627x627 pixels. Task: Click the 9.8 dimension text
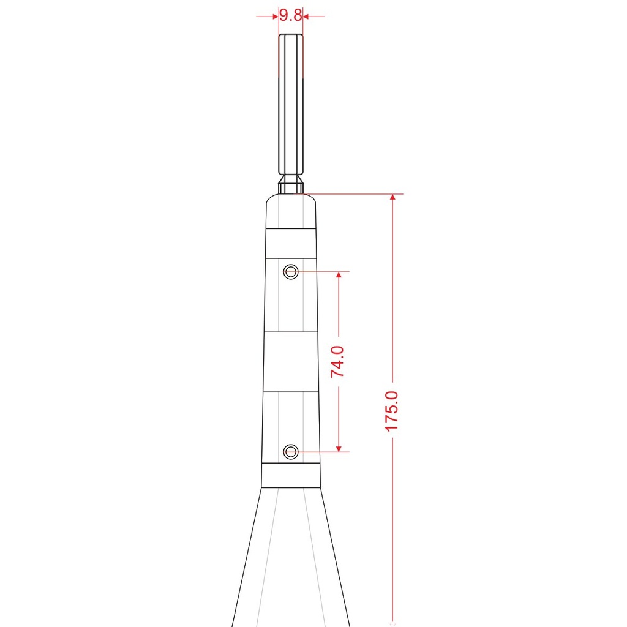[291, 15]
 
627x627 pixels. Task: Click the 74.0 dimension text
[337, 361]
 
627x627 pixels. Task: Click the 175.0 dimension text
[392, 411]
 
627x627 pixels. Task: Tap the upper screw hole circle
[291, 272]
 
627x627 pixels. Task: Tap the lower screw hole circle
[291, 452]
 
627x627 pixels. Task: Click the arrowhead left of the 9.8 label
[275, 17]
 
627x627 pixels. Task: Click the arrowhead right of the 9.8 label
[306, 17]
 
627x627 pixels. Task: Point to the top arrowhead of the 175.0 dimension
[392, 197]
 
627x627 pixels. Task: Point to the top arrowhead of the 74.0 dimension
[339, 275]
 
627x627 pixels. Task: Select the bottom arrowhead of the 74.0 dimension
[339, 449]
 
